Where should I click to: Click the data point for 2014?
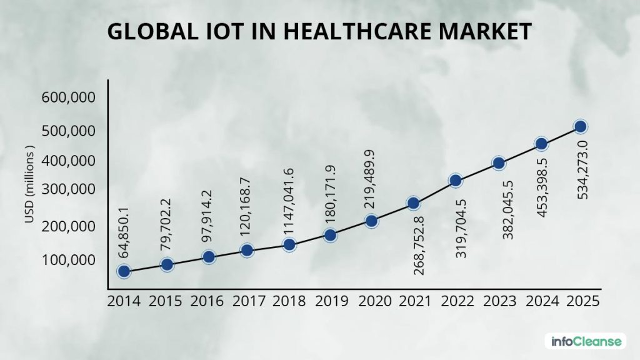[124, 271]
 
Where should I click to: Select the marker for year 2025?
[580, 126]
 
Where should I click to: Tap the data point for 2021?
[413, 203]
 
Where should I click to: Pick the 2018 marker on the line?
[289, 244]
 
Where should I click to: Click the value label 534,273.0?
[582, 170]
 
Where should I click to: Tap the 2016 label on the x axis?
[207, 301]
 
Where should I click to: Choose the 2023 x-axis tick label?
[499, 301]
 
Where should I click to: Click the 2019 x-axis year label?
[332, 301]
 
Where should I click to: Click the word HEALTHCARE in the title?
[357, 32]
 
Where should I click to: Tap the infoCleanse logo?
[586, 341]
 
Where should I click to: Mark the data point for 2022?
[456, 181]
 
